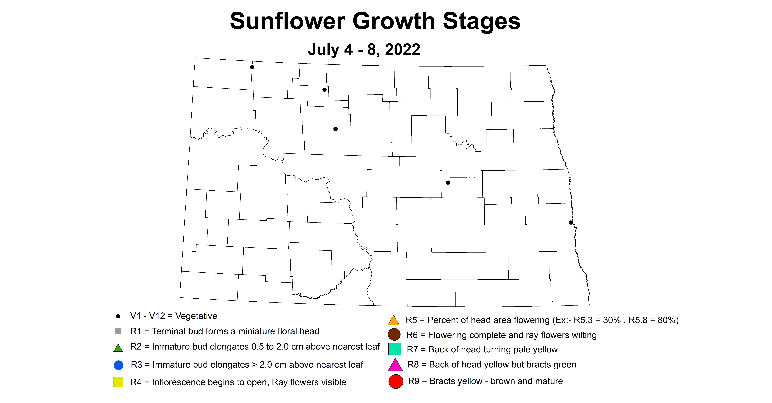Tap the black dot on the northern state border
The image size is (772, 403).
[252, 67]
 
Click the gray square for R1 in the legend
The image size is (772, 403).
[118, 331]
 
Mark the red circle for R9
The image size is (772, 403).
[396, 381]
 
